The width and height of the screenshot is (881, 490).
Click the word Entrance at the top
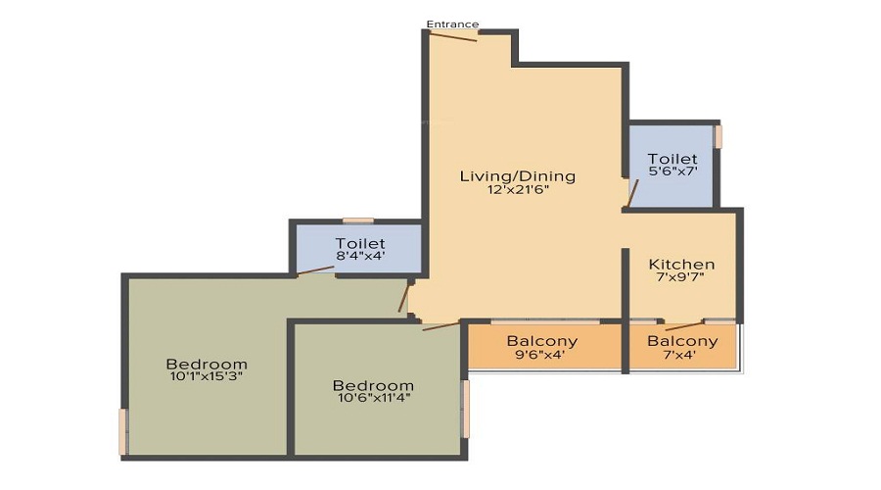coord(452,24)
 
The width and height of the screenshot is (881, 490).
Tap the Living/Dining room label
coord(518,176)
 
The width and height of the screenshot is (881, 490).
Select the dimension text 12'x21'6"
coord(518,190)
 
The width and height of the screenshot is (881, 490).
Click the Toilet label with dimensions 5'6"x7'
coord(672,159)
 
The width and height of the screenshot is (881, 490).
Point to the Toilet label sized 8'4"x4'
coord(360,243)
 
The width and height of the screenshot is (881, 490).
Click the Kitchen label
coord(681,265)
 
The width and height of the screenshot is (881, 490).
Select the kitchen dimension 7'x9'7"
coord(681,278)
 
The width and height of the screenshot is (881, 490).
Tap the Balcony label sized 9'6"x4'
coord(541,341)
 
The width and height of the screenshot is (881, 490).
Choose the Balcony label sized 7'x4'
coord(682,341)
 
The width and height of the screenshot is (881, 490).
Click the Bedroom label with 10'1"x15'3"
coord(207,365)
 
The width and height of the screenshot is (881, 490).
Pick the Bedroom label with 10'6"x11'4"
coord(372,385)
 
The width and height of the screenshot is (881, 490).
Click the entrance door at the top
coord(453,36)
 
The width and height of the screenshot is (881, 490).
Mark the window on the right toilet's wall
coord(718,136)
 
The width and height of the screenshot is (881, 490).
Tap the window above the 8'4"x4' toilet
coord(357,220)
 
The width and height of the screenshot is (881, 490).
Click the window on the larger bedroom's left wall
coord(123,431)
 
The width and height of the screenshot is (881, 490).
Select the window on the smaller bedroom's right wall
coord(465,409)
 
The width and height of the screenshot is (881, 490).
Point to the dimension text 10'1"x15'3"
coord(207,376)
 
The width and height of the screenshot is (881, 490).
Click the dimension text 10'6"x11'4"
coord(372,398)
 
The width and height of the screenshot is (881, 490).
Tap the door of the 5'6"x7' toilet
coord(631,194)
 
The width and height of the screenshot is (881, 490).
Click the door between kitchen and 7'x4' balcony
coord(682,324)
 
